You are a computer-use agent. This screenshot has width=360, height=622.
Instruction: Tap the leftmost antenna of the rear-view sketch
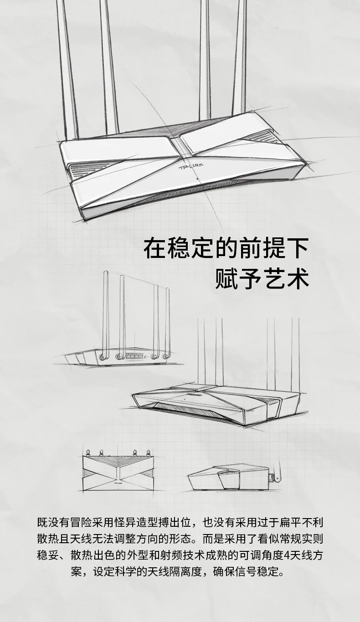(x=106, y=314)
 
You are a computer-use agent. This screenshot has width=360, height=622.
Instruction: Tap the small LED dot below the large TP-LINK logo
(x=197, y=178)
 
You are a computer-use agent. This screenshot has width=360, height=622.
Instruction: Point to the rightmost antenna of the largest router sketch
(x=239, y=59)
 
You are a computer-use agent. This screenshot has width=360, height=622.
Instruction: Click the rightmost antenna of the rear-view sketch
(x=168, y=319)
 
